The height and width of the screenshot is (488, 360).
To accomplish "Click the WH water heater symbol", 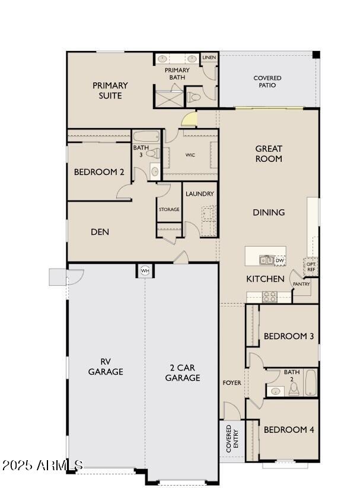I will (144, 271).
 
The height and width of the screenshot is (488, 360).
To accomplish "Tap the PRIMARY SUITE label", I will (110, 90).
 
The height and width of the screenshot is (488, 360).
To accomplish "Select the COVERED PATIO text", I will (267, 81).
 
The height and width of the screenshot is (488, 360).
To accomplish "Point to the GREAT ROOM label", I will (269, 154).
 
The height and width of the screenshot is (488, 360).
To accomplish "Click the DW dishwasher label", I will (280, 260).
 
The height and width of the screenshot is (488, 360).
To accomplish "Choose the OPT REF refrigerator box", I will (311, 266).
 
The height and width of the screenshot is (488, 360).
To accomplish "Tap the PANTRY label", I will (301, 284).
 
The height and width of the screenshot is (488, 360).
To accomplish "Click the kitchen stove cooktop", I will (269, 296).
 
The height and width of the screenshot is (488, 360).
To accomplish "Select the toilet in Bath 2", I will (293, 389).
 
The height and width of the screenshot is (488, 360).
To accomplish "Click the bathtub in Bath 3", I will (145, 136).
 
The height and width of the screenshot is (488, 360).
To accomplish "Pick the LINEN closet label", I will (209, 58).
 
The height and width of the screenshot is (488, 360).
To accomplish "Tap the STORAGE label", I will (169, 209).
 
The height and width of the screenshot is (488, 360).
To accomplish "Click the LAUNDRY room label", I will (199, 194).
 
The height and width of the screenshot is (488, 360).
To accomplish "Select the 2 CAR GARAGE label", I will (182, 372).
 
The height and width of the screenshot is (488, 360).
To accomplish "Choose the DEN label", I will (100, 232).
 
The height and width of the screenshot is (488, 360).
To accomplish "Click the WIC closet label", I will (190, 155).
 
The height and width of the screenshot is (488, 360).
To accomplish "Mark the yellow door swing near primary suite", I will (189, 119).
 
